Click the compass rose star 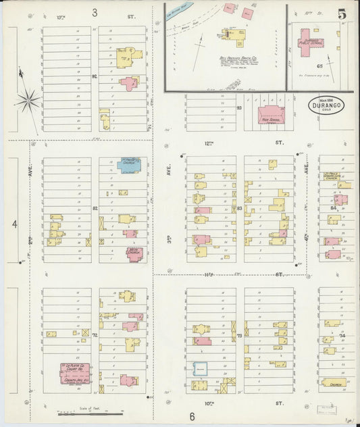click(x=28, y=101)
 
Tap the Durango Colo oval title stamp click(x=324, y=106)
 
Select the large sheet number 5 click(x=342, y=14)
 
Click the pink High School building click(x=272, y=114)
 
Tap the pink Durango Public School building click(x=312, y=39)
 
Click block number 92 click(x=95, y=76)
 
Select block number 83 click(x=240, y=208)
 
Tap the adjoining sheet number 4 click(x=14, y=223)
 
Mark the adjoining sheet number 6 click(x=192, y=416)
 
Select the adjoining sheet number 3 click(x=95, y=12)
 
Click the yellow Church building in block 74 click(x=333, y=382)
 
